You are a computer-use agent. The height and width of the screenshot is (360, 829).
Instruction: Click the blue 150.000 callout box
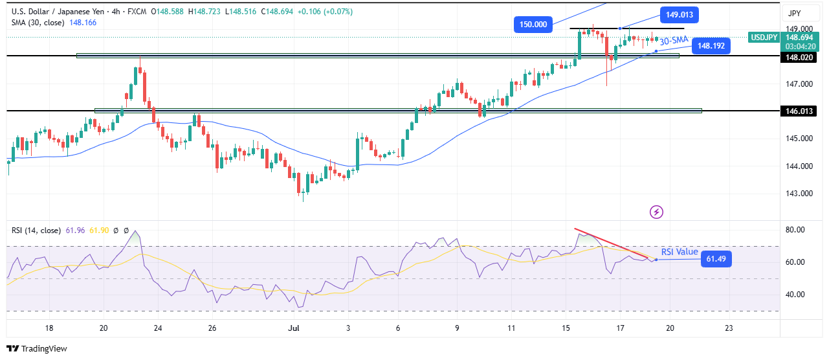pos(533,25)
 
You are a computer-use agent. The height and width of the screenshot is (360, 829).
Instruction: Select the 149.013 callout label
pos(679,15)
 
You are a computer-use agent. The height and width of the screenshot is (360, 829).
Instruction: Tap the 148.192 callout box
pos(711,46)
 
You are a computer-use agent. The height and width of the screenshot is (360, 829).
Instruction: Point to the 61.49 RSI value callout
pos(714,260)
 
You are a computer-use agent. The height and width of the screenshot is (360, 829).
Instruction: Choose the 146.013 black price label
pos(799,111)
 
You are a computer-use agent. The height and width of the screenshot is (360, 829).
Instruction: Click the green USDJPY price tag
pos(764,38)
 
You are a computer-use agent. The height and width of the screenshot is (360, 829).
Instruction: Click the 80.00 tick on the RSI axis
pos(795,230)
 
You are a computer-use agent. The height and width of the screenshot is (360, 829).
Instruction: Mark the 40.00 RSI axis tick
pos(795,295)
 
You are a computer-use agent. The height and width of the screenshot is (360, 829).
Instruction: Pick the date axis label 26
pos(212,328)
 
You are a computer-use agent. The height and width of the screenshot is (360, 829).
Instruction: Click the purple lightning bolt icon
pos(657,212)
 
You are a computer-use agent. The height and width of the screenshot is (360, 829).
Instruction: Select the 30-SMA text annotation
pos(674,40)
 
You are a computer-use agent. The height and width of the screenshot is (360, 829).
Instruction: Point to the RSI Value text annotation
pos(680,252)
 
